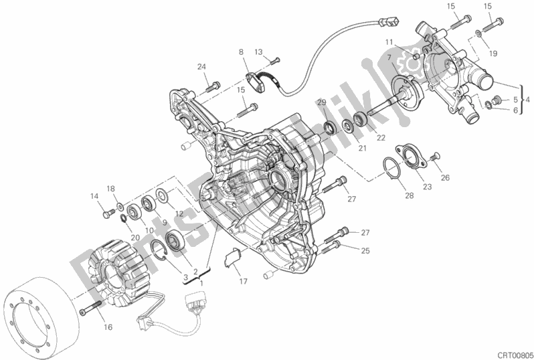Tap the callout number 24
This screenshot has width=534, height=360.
pos(201,67)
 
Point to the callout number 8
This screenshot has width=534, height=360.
pos(240,52)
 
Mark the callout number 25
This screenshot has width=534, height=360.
pos(365,251)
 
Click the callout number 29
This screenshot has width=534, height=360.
pos(322,102)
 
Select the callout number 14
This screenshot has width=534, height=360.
pos(94,195)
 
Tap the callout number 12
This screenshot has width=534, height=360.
pos(179,213)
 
